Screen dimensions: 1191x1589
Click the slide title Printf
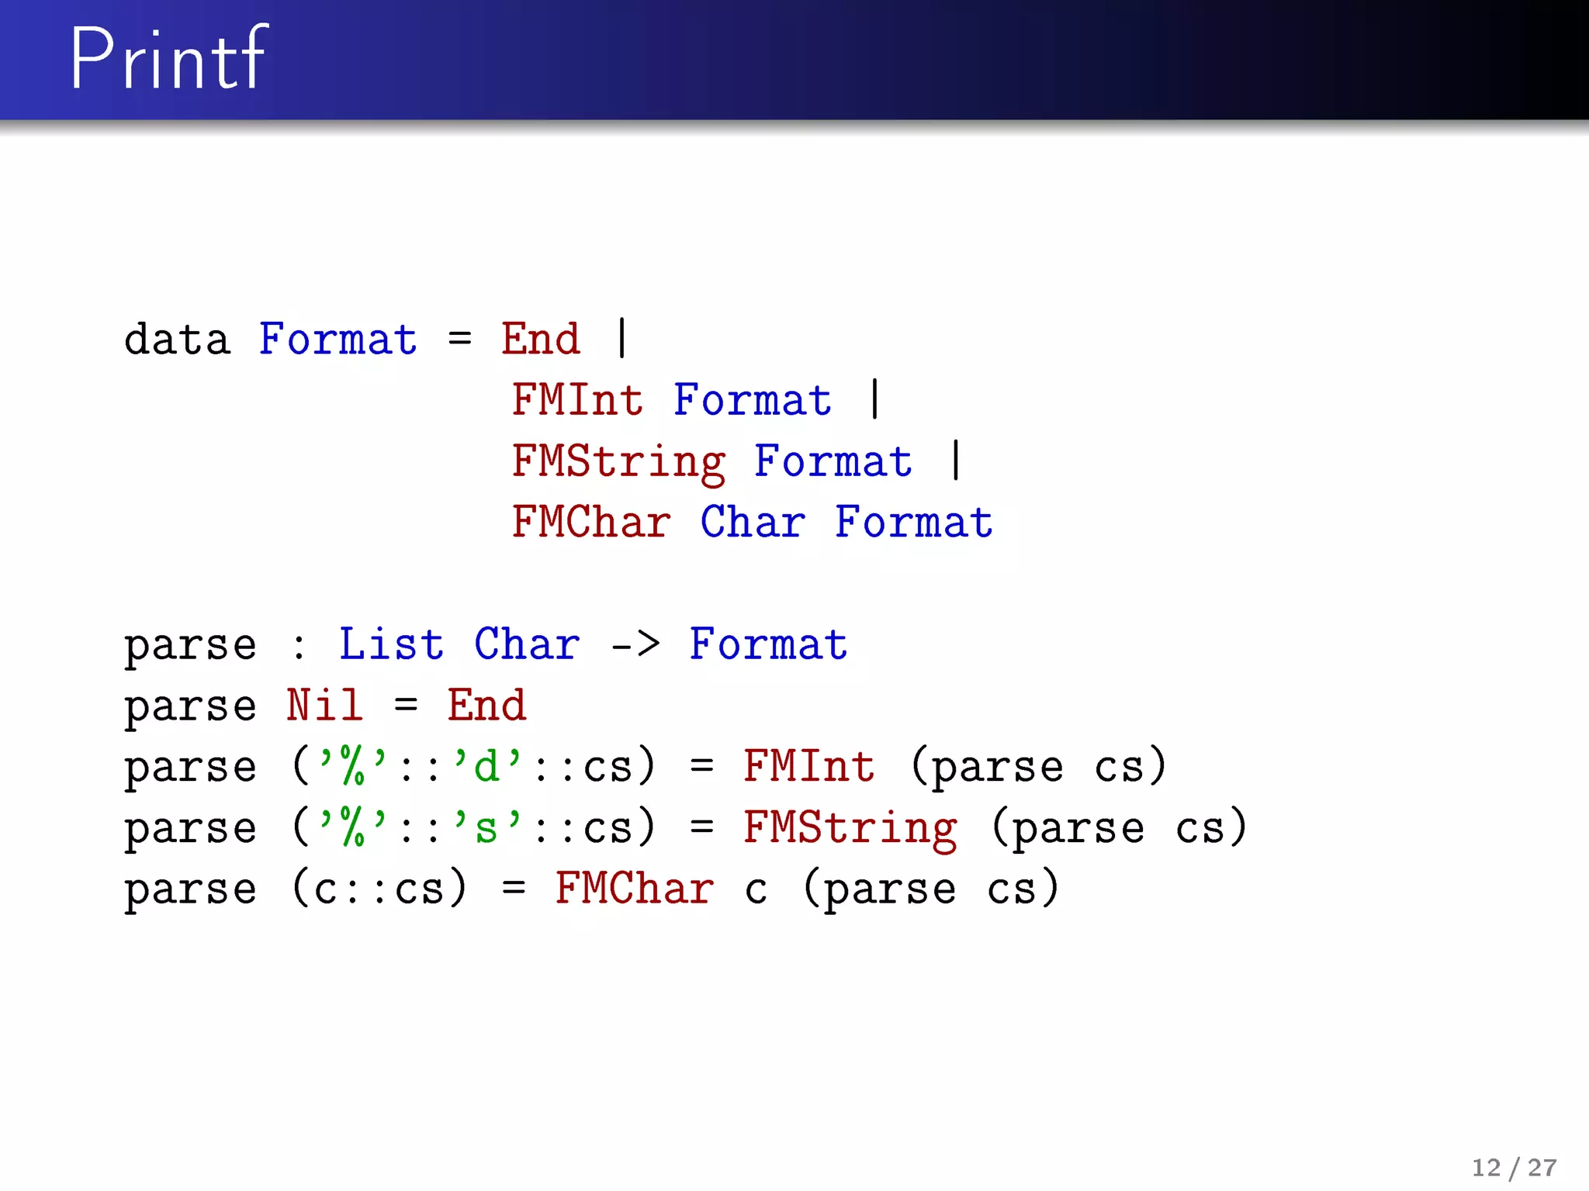click(168, 58)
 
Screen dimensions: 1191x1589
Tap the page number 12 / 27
click(1514, 1167)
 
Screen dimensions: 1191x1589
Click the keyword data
click(177, 340)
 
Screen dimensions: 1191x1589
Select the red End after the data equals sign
click(541, 340)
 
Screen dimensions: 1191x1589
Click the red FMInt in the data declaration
click(577, 400)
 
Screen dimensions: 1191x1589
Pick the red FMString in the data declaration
click(618, 462)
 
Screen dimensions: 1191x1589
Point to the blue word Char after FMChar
click(753, 522)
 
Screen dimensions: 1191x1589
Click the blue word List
click(391, 644)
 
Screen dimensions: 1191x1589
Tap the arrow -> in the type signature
click(635, 644)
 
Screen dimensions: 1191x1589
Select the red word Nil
click(324, 706)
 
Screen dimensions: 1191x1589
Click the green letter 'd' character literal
click(487, 766)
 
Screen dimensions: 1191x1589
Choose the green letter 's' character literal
click(487, 827)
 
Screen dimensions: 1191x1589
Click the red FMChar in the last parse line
click(634, 889)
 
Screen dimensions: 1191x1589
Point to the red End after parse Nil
click(486, 706)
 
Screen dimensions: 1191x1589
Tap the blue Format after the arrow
click(768, 644)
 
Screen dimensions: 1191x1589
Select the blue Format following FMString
click(833, 461)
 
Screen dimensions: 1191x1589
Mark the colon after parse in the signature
click(299, 646)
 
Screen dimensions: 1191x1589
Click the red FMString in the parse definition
click(850, 828)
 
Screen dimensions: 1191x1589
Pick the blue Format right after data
click(338, 340)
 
